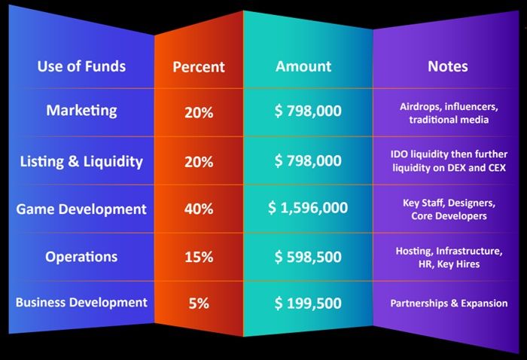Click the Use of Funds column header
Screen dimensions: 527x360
coord(81,66)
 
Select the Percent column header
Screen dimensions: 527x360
coord(199,67)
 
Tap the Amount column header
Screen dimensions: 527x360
coord(303,66)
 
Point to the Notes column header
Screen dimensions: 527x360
coord(448,66)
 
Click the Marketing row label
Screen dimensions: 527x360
coord(81,111)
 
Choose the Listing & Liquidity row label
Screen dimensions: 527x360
coord(81,161)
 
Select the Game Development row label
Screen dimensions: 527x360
coord(81,209)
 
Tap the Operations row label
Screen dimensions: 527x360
coord(81,257)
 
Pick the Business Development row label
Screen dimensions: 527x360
coord(81,302)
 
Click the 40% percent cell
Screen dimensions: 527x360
coord(199,209)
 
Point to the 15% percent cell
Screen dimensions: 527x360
coord(199,258)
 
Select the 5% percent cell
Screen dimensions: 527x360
coord(199,304)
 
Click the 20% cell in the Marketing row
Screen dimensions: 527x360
coord(199,112)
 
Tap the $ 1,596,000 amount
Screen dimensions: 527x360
coord(308,208)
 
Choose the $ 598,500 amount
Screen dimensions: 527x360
coord(308,257)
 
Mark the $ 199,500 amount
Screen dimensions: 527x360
coord(308,304)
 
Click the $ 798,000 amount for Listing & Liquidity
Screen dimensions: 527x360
coord(308,160)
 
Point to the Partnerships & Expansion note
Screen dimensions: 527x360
coord(449,304)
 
